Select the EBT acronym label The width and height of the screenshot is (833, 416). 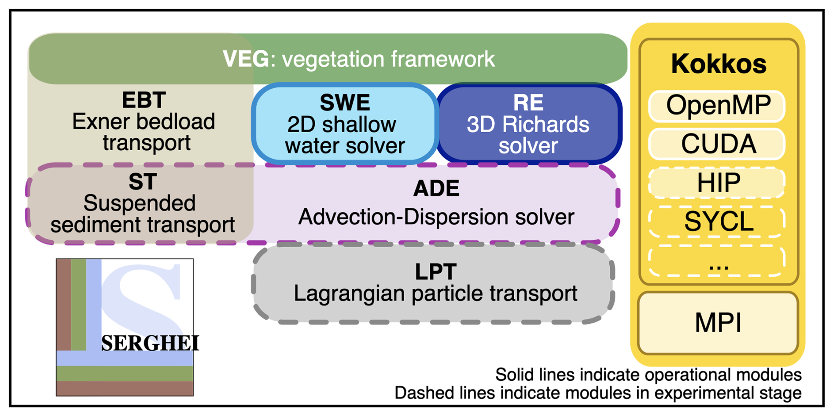pyautogui.click(x=144, y=100)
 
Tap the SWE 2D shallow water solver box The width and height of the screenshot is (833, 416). pyautogui.click(x=345, y=124)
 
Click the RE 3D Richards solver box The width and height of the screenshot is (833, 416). pyautogui.click(x=528, y=124)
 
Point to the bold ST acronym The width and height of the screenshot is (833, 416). pyautogui.click(x=143, y=182)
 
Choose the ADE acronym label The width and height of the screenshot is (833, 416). pyautogui.click(x=436, y=189)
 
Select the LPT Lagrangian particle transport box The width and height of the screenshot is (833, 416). pyautogui.click(x=433, y=283)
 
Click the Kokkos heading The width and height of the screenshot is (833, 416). pyautogui.click(x=719, y=64)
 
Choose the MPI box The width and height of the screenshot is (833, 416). pyautogui.click(x=718, y=323)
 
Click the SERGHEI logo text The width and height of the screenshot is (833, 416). pyautogui.click(x=150, y=343)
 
